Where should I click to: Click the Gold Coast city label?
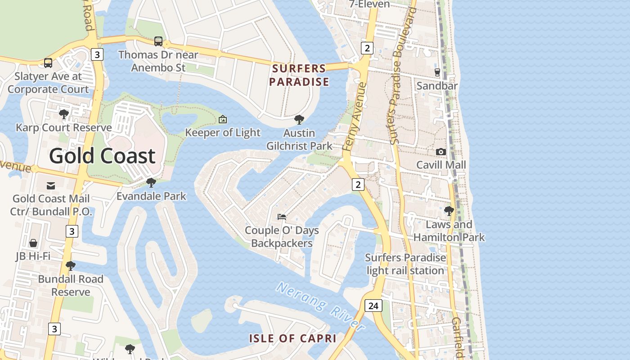102,156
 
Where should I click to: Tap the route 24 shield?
373,306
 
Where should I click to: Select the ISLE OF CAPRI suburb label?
293,338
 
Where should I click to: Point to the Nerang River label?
320,307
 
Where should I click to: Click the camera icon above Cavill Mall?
441,152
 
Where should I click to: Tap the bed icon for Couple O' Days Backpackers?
282,217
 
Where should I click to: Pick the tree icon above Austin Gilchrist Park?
299,120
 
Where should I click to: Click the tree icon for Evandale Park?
151,183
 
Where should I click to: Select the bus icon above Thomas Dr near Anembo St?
158,41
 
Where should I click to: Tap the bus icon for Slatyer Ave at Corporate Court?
48,63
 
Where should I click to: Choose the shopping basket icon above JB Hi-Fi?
33,243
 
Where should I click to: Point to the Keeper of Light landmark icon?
222,120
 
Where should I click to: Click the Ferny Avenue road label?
355,116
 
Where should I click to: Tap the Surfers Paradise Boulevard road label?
402,75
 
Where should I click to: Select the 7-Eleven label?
369,4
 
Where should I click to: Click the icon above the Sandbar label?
437,72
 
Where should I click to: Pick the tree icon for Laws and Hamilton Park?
449,211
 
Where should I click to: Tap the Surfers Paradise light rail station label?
405,264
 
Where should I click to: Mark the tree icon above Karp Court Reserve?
64,114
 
